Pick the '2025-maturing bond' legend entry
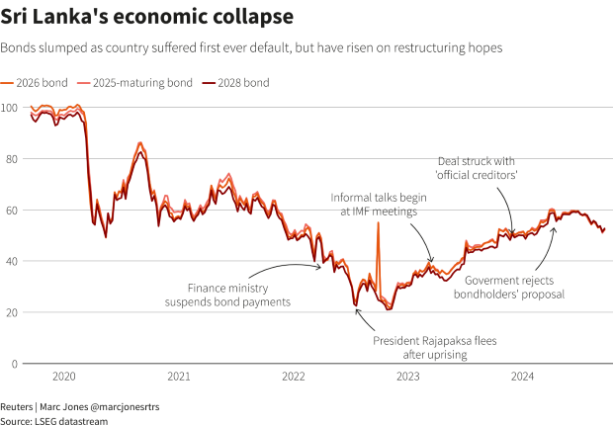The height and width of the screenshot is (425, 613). pos(133,83)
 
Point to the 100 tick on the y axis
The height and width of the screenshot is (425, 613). pos(9,107)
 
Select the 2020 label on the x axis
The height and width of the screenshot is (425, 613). pos(63,377)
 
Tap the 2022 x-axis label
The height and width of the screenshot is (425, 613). pos(294,377)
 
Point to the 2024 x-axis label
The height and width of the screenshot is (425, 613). pos(523,377)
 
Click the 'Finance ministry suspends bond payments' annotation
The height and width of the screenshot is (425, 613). pos(227,294)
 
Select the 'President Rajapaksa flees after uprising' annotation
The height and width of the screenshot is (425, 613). pos(434,347)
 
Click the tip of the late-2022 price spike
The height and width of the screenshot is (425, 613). pos(378,224)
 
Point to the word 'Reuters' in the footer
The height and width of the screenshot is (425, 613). pos(17,406)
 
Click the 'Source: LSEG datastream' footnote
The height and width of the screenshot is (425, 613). pos(53,420)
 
